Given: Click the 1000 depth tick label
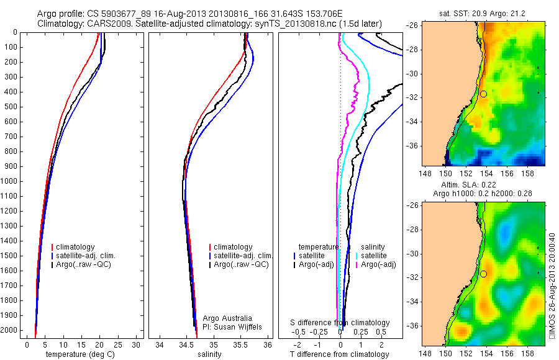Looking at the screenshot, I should point(11,181).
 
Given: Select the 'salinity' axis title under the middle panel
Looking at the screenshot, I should point(209,354).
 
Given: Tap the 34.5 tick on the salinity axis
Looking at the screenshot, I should point(186,344).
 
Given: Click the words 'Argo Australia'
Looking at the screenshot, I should point(227,318).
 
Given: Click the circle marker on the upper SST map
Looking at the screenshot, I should point(483,94).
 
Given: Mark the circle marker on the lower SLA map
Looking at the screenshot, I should point(483,274).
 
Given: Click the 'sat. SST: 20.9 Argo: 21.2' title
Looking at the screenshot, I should point(479,13).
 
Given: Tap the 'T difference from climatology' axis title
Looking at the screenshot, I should point(340,354).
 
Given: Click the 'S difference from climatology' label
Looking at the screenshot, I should point(340,323).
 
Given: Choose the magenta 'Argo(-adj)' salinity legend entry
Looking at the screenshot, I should point(379,265).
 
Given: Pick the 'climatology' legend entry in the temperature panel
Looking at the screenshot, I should point(75,247).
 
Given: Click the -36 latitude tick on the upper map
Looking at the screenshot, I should point(412,146).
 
